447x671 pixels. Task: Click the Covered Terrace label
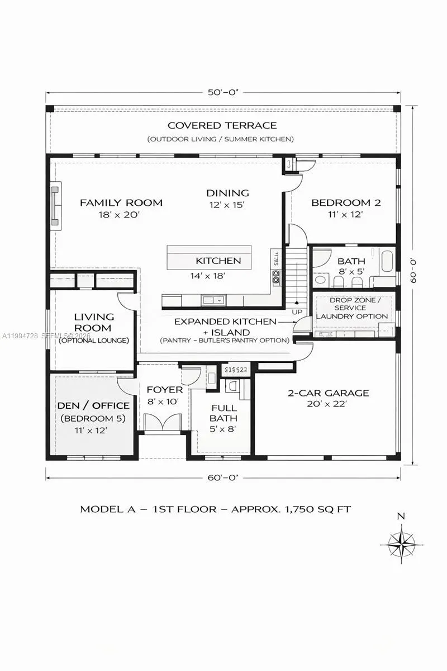(222, 125)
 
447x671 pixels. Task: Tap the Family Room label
(121, 202)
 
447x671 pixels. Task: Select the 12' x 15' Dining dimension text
(227, 205)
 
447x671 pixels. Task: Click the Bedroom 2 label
(346, 202)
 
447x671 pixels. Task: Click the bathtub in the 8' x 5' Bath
(386, 261)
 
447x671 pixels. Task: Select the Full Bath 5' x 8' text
(223, 418)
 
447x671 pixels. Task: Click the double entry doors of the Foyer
(163, 422)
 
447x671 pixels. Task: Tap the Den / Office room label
(93, 405)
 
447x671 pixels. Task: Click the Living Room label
(94, 322)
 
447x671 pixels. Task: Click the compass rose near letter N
(401, 542)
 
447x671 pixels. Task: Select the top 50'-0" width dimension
(222, 93)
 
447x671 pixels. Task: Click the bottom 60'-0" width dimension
(222, 478)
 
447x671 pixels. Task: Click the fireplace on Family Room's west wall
(55, 206)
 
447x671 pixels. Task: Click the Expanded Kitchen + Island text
(225, 327)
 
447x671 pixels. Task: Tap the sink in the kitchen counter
(212, 300)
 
